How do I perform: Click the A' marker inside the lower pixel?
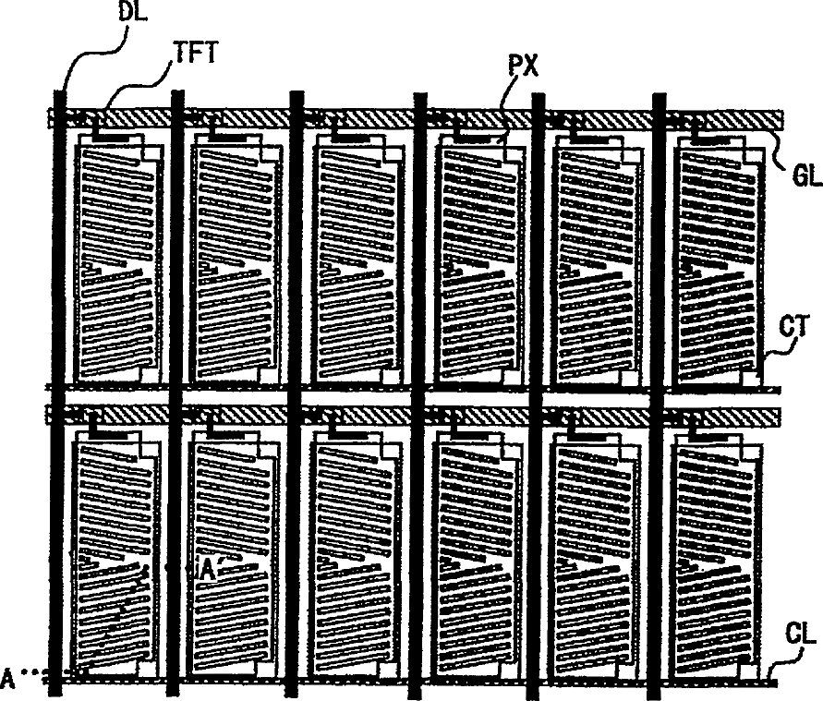209,570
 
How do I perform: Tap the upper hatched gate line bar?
416,120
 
